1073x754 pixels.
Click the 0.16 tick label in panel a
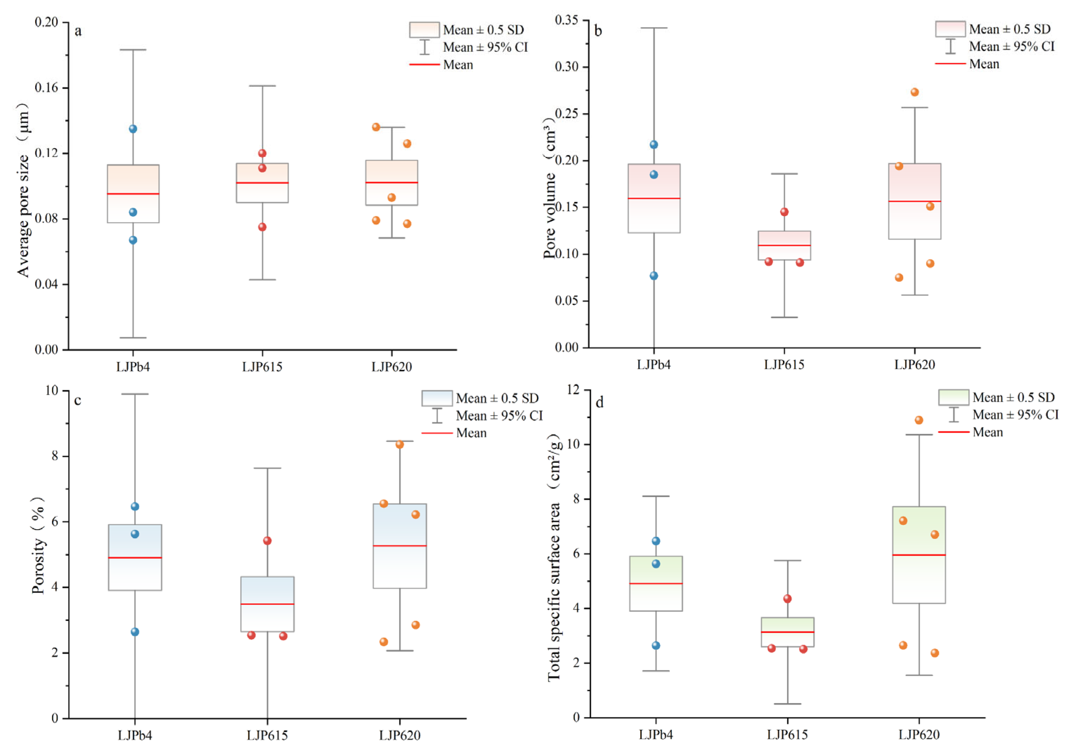46,88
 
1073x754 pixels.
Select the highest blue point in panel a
133,129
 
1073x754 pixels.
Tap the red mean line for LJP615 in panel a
262,183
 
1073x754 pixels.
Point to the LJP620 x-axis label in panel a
392,367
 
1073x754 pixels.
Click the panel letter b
598,31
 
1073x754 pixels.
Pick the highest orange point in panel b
915,92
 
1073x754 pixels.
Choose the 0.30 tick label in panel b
567,67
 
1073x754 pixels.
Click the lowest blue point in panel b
654,276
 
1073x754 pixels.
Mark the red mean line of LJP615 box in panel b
784,245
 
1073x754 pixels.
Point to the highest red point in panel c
267,540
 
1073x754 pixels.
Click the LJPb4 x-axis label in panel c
135,736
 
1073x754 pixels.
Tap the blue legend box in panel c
437,398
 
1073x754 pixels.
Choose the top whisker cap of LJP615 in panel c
267,468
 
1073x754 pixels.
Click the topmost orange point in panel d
919,420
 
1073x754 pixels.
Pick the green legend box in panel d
954,397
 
